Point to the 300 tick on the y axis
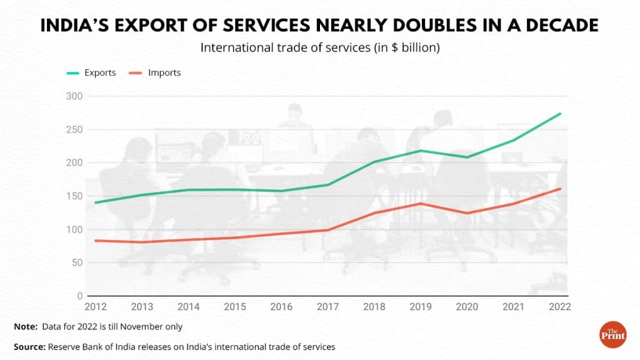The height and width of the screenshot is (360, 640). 74,96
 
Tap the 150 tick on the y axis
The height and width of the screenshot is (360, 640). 74,196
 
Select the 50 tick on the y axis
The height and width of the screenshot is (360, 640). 77,262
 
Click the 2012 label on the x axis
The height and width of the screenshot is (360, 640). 96,307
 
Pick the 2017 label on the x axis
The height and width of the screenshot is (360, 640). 328,307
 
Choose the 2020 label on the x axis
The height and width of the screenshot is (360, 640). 467,307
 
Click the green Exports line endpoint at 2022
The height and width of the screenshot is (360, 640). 561,114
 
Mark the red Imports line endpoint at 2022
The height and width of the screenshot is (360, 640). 561,189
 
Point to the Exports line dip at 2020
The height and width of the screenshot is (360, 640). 467,157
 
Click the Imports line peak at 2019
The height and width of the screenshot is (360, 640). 421,204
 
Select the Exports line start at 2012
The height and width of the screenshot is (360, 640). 96,202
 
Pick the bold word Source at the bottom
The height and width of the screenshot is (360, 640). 29,346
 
